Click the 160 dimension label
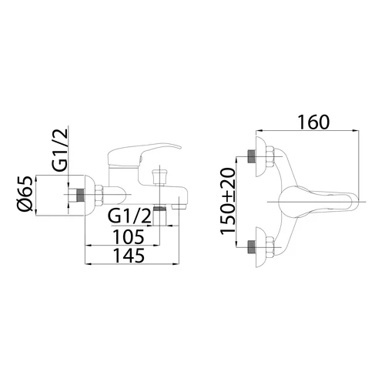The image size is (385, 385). click(x=313, y=122)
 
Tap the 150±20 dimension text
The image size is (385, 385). click(x=228, y=201)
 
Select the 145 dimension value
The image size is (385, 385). click(x=129, y=256)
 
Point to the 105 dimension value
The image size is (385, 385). click(x=129, y=236)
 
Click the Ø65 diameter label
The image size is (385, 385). click(x=25, y=193)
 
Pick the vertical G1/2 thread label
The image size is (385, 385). click(x=61, y=149)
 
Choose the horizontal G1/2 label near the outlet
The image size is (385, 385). click(x=129, y=216)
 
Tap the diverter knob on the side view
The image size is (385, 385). click(x=159, y=176)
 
